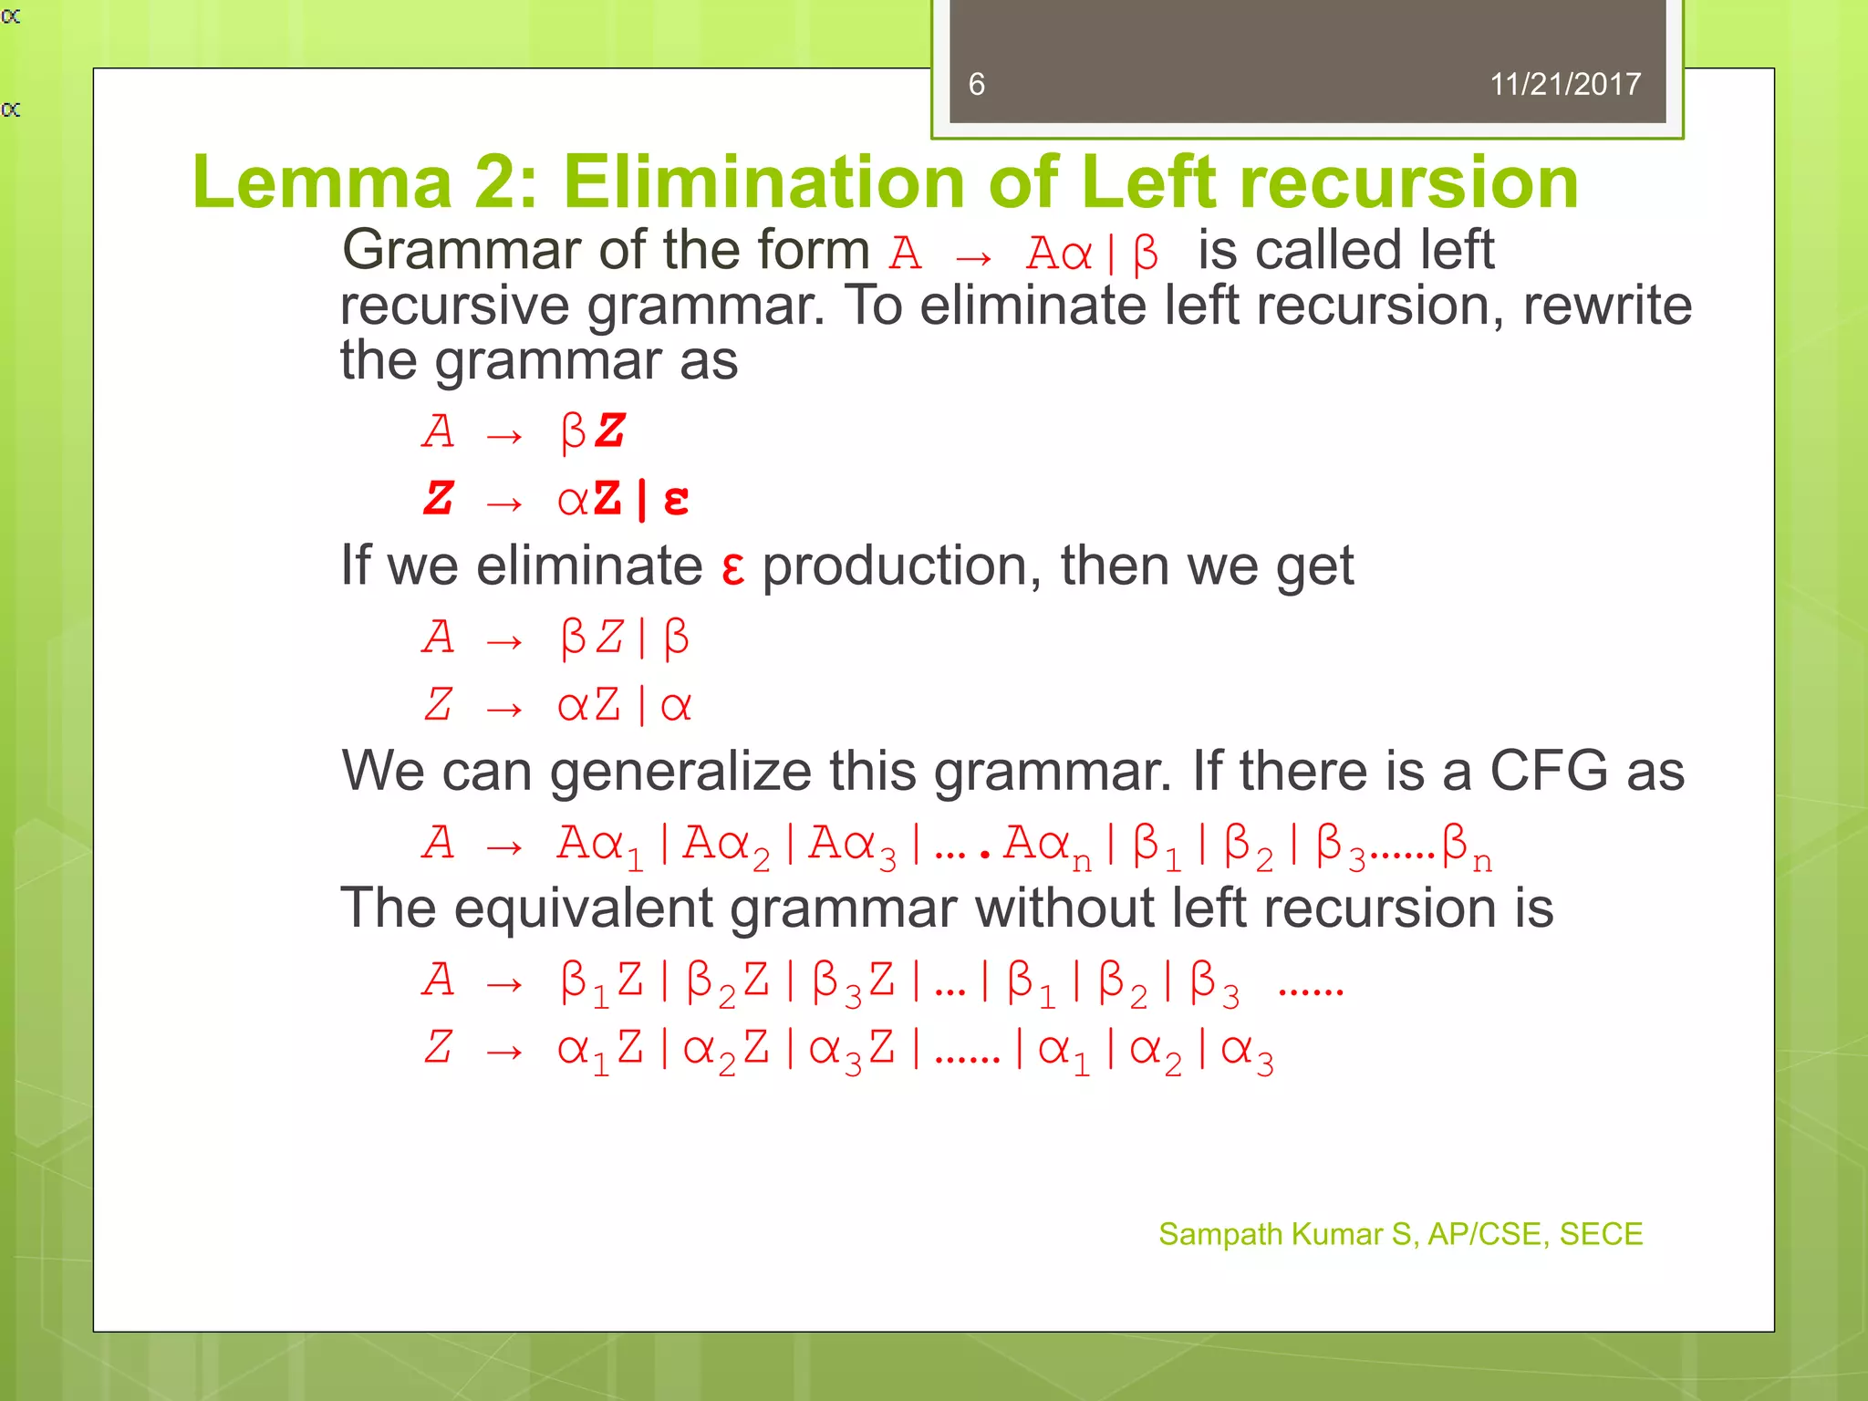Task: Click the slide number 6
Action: click(x=976, y=85)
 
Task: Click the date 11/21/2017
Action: click(x=1564, y=85)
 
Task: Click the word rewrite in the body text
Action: click(x=1607, y=306)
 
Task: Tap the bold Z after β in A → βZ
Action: click(x=610, y=431)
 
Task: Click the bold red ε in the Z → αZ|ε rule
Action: click(x=676, y=500)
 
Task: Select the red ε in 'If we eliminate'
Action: click(x=732, y=567)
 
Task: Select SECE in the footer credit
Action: click(x=1601, y=1234)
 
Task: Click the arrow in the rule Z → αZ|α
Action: click(x=504, y=709)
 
